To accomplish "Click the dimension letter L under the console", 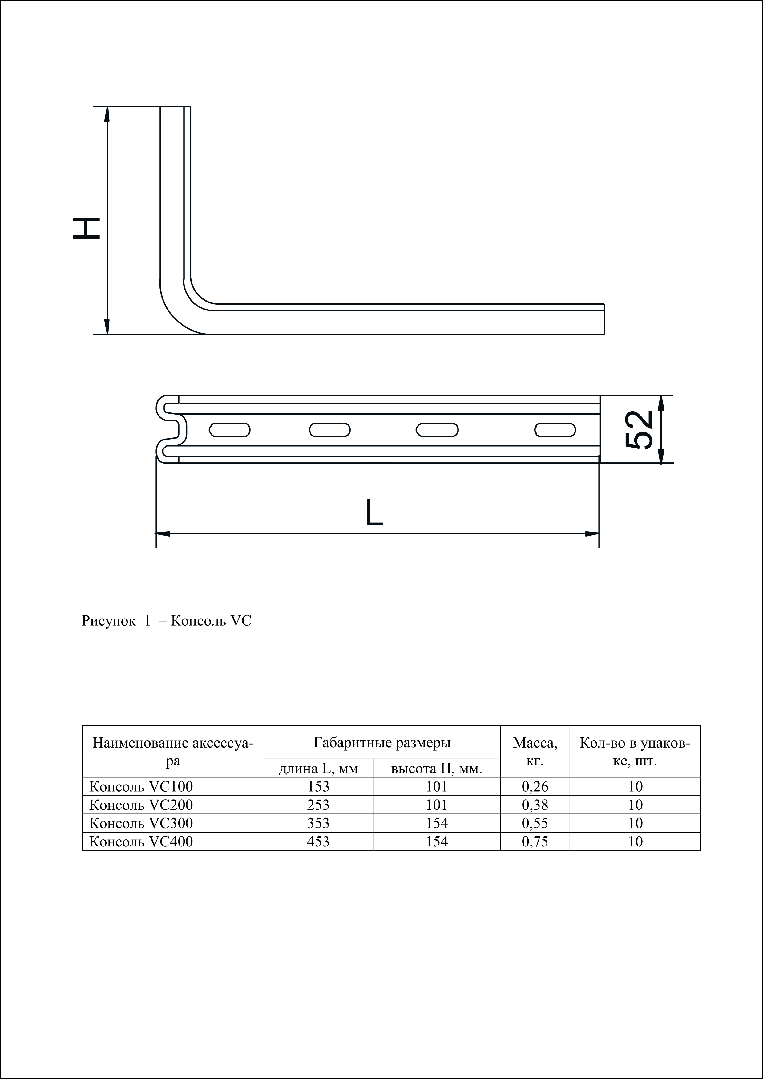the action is (374, 512).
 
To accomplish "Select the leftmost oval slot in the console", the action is (230, 429).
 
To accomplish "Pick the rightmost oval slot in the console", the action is (555, 429).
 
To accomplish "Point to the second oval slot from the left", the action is (330, 429).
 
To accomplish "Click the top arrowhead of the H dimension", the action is (107, 114).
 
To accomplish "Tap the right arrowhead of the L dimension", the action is (592, 533).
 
